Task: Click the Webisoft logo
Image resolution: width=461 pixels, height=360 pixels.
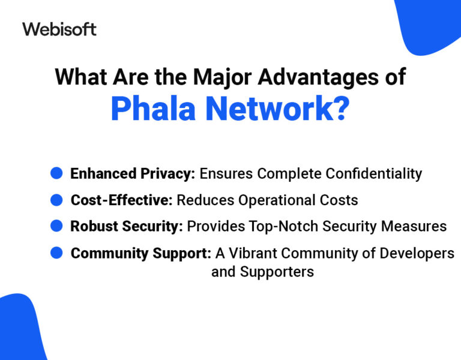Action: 59,29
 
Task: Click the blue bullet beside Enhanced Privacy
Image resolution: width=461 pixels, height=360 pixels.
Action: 56,173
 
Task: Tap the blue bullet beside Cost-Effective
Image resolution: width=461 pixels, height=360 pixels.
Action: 56,199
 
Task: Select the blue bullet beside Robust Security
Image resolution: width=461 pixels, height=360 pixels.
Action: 56,226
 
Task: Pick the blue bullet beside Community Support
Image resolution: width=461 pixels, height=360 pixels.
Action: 56,253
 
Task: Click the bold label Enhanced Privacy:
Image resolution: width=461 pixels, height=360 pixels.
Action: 133,174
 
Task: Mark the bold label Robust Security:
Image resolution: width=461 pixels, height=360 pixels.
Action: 127,226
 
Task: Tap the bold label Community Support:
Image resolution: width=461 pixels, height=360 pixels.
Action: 140,254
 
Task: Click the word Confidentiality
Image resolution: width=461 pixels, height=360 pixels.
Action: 373,174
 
